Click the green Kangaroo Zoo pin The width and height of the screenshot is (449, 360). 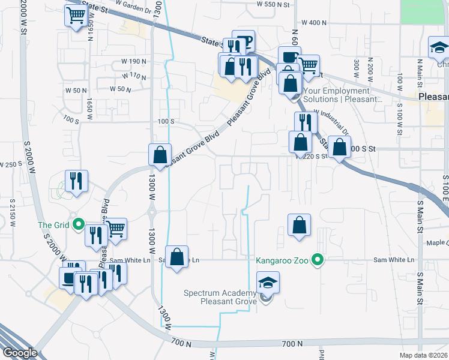[x=319, y=260]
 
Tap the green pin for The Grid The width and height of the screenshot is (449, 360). [x=78, y=225]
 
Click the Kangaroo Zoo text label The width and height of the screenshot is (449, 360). [x=285, y=260]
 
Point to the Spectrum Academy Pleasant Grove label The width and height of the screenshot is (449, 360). [x=220, y=297]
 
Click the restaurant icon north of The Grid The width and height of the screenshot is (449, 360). [x=76, y=181]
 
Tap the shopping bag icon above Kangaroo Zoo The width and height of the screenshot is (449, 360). [x=299, y=226]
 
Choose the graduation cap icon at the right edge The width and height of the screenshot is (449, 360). [x=439, y=47]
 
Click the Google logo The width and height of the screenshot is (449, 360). [x=20, y=353]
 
